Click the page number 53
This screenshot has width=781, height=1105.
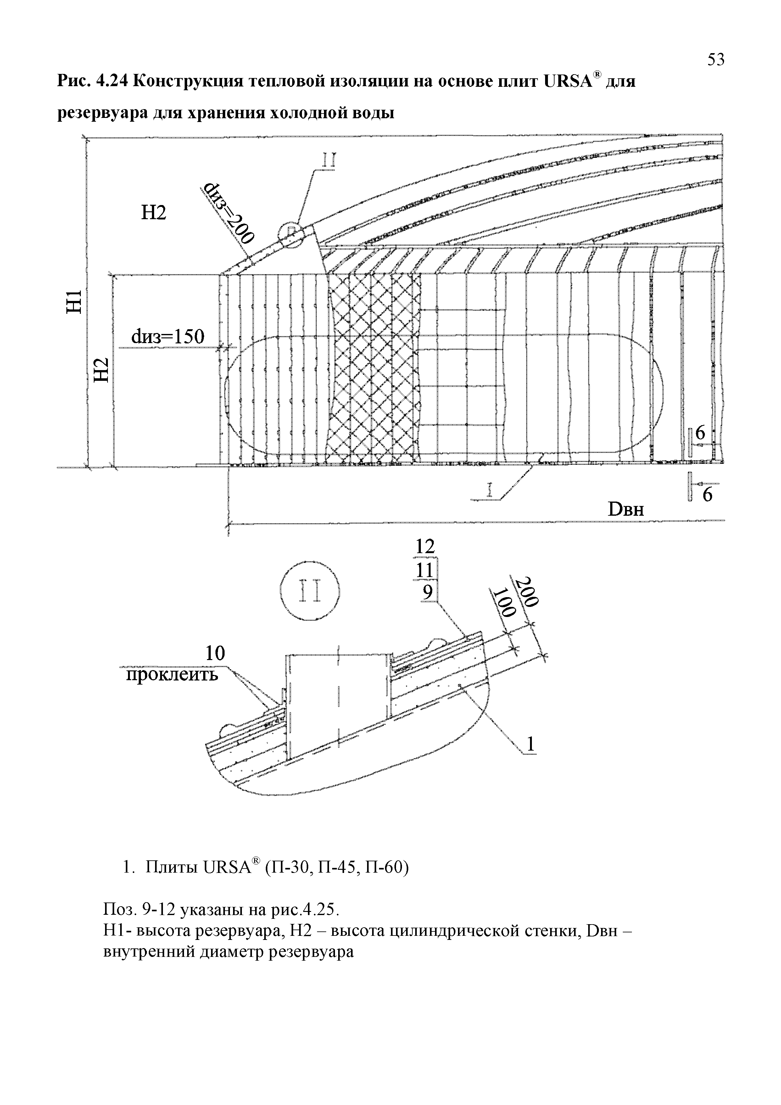click(716, 60)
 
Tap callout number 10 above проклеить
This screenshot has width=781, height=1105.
click(215, 653)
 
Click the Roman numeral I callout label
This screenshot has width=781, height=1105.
click(490, 491)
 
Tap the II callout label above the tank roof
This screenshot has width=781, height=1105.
click(329, 160)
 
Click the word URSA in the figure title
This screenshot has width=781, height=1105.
click(567, 82)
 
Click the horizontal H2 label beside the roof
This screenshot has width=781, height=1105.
click(153, 212)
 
